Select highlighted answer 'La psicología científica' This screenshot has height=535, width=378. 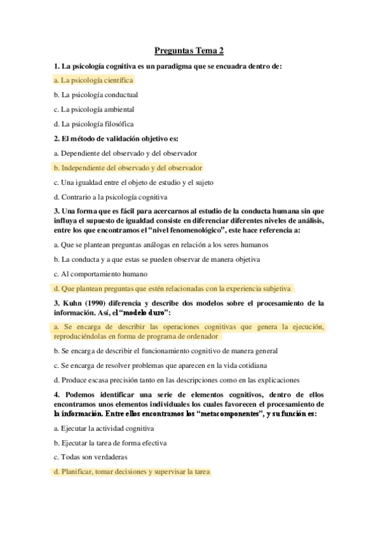pos(93,80)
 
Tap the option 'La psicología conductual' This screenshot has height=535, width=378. pos(96,95)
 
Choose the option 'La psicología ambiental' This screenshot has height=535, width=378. pos(93,109)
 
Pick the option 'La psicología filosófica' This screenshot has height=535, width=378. pos(93,124)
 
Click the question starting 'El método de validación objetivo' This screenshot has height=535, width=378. pos(117,138)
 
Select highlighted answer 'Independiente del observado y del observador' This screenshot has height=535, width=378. pos(128,168)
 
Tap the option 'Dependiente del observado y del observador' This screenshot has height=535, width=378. pos(126,153)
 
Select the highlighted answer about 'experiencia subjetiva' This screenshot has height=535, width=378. pos(172,289)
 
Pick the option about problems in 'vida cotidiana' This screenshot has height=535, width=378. pos(161,365)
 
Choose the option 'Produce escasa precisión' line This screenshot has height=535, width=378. pos(176,380)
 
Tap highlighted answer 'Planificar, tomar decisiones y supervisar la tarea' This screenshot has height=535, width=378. pos(132,472)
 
